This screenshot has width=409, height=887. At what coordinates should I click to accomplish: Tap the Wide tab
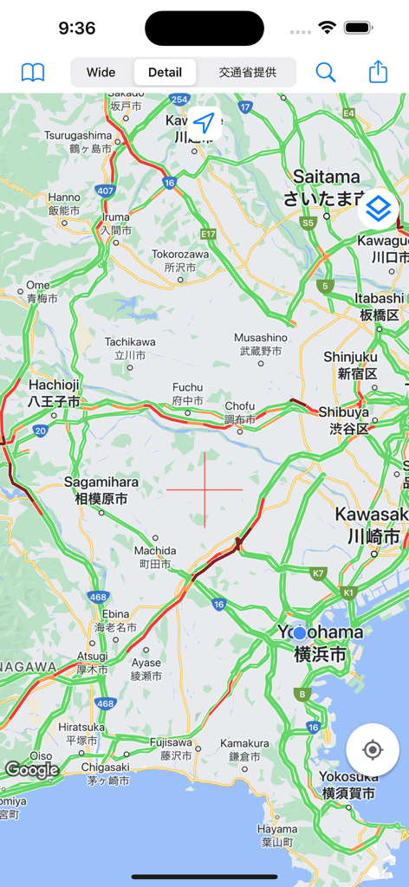click(101, 72)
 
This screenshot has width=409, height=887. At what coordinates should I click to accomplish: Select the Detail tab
click(165, 72)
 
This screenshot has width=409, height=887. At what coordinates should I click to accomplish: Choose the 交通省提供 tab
click(247, 72)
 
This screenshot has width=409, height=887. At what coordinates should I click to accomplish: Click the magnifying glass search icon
click(326, 72)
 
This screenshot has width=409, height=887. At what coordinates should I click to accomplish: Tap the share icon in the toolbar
click(378, 72)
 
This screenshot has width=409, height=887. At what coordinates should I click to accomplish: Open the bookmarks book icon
click(33, 72)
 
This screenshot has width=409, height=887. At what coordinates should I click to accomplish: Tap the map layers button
click(379, 209)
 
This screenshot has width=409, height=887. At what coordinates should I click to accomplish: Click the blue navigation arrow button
click(203, 124)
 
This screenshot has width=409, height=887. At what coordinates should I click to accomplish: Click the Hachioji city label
click(54, 393)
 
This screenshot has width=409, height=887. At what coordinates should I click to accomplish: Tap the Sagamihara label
click(101, 490)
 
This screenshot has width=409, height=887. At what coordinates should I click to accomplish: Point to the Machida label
click(155, 557)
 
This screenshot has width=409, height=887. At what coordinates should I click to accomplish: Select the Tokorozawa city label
click(180, 261)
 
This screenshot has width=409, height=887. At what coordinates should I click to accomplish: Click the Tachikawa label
click(130, 348)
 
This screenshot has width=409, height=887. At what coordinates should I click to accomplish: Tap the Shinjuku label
click(350, 365)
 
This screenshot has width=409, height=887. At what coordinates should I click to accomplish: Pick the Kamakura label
click(244, 749)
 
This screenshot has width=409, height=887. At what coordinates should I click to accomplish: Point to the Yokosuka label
click(348, 784)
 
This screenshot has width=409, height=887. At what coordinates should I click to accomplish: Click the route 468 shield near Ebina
click(98, 597)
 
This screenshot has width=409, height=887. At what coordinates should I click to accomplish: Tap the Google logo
click(32, 769)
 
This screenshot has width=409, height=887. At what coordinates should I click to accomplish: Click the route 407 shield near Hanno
click(106, 191)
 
